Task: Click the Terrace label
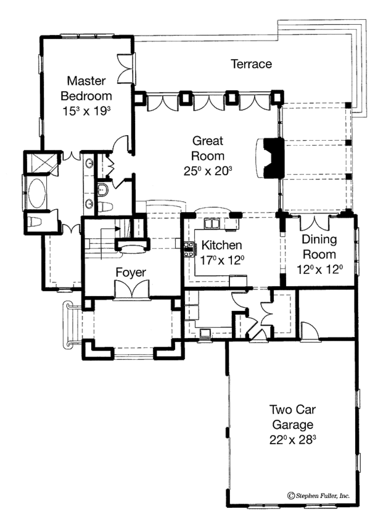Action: point(251,64)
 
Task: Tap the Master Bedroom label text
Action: point(89,88)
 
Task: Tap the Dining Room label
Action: point(319,247)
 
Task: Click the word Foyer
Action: point(130,271)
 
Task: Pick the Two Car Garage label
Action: point(291,417)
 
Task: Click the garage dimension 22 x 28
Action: point(291,440)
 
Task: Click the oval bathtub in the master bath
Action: point(32,189)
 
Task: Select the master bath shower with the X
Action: point(31,163)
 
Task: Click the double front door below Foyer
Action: point(130,289)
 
